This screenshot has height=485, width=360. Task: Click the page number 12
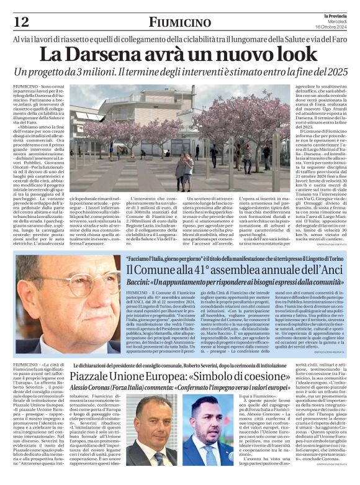[20, 22]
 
